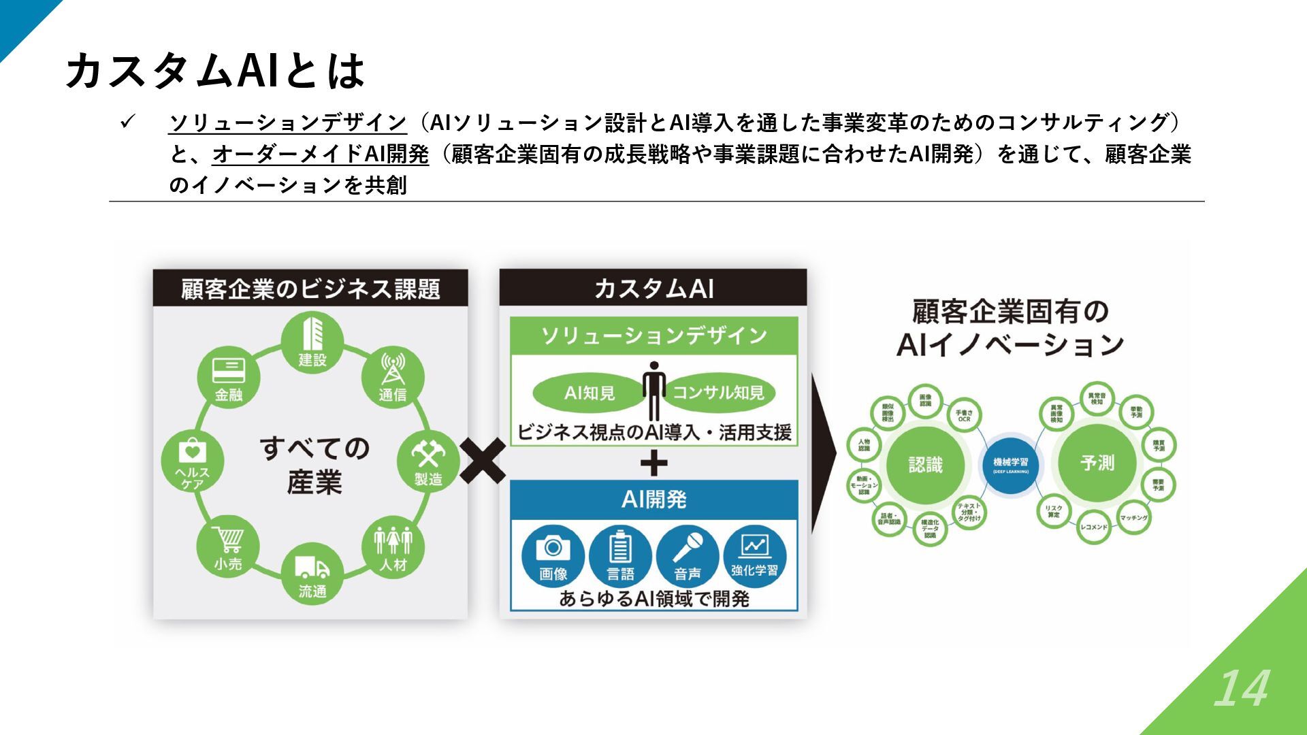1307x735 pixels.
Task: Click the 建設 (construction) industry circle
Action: tap(312, 342)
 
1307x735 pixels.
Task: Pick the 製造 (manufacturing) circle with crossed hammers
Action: tap(428, 461)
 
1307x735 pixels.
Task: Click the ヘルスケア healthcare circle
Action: tap(193, 461)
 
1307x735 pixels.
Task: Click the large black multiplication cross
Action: tap(483, 461)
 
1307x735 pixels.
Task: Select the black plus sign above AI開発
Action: tap(653, 464)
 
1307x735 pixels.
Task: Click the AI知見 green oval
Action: tap(590, 393)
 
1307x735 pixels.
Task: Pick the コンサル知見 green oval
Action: tap(718, 393)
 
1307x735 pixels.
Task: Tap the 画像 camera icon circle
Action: tap(553, 557)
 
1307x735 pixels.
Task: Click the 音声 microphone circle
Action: tap(688, 557)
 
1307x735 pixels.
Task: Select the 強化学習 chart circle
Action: tap(755, 557)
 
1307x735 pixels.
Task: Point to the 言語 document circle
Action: tap(620, 557)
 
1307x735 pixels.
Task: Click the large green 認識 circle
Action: tap(925, 464)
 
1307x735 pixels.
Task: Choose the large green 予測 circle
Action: tap(1097, 463)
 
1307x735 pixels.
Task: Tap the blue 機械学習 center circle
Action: tap(1011, 465)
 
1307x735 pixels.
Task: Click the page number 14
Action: tap(1242, 689)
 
